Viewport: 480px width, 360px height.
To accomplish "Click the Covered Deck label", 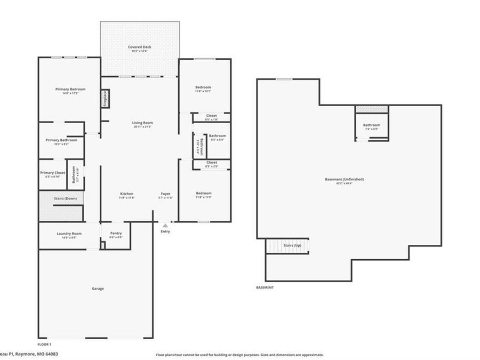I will pyautogui.click(x=139, y=47).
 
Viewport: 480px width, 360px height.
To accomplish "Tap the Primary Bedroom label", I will pyautogui.click(x=70, y=89).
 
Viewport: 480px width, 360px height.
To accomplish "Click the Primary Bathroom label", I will pyautogui.click(x=61, y=140).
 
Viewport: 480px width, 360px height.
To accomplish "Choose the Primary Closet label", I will pyautogui.click(x=52, y=173).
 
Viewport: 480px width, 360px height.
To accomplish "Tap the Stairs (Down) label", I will pyautogui.click(x=65, y=198).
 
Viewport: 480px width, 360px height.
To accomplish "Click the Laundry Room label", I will pyautogui.click(x=69, y=234).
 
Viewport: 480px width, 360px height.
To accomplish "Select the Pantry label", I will pyautogui.click(x=116, y=234).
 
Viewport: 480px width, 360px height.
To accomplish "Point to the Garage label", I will pyautogui.click(x=97, y=289).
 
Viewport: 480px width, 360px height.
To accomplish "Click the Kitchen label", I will pyautogui.click(x=126, y=194).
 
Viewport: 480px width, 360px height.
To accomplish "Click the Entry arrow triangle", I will pyautogui.click(x=165, y=226).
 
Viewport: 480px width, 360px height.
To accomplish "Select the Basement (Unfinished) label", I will pyautogui.click(x=344, y=179).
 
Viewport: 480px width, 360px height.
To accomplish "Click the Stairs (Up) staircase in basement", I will pyautogui.click(x=287, y=246).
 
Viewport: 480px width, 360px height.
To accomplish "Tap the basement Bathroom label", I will pyautogui.click(x=372, y=125).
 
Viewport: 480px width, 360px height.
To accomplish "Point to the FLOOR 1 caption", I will pyautogui.click(x=44, y=345).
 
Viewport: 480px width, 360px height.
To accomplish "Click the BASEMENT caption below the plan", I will pyautogui.click(x=265, y=287).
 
